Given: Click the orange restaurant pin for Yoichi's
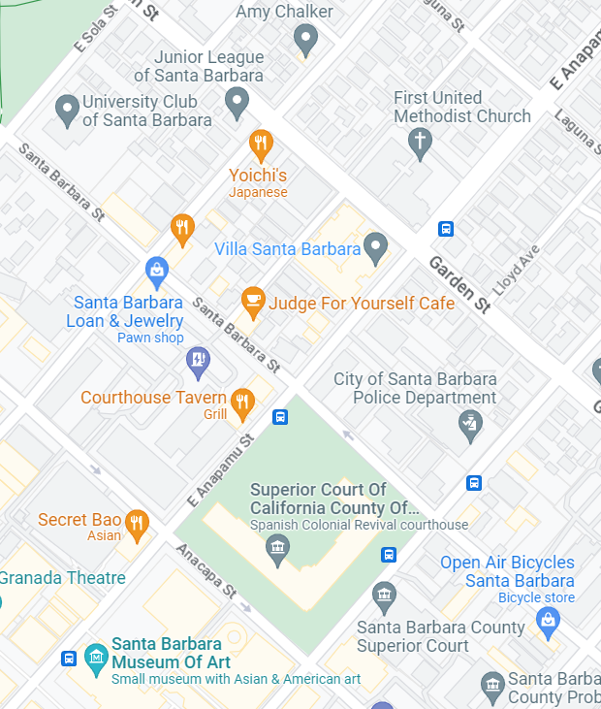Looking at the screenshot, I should coord(260,145).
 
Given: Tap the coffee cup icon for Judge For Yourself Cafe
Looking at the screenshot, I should coord(253,302).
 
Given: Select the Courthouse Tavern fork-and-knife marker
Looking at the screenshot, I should coord(242,401).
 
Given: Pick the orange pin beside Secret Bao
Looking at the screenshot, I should coord(138,523).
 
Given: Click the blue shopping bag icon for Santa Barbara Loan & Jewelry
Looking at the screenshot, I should coord(157,269).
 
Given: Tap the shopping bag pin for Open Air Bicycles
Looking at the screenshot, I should coord(548,619).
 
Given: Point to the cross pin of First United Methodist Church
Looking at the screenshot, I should coord(420,145).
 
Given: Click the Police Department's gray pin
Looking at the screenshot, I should coord(470,424).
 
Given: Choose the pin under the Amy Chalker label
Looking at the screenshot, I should coord(305,40).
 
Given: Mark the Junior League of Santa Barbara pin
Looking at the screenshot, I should coord(237,101).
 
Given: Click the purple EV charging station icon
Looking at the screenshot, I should coord(198,361).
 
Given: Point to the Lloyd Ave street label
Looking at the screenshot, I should coord(516,269).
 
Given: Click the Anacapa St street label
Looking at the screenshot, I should coord(206,570).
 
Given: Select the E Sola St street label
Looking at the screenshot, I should coord(94,27).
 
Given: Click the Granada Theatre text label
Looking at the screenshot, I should coord(63,578).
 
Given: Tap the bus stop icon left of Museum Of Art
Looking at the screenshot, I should coord(69,659).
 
